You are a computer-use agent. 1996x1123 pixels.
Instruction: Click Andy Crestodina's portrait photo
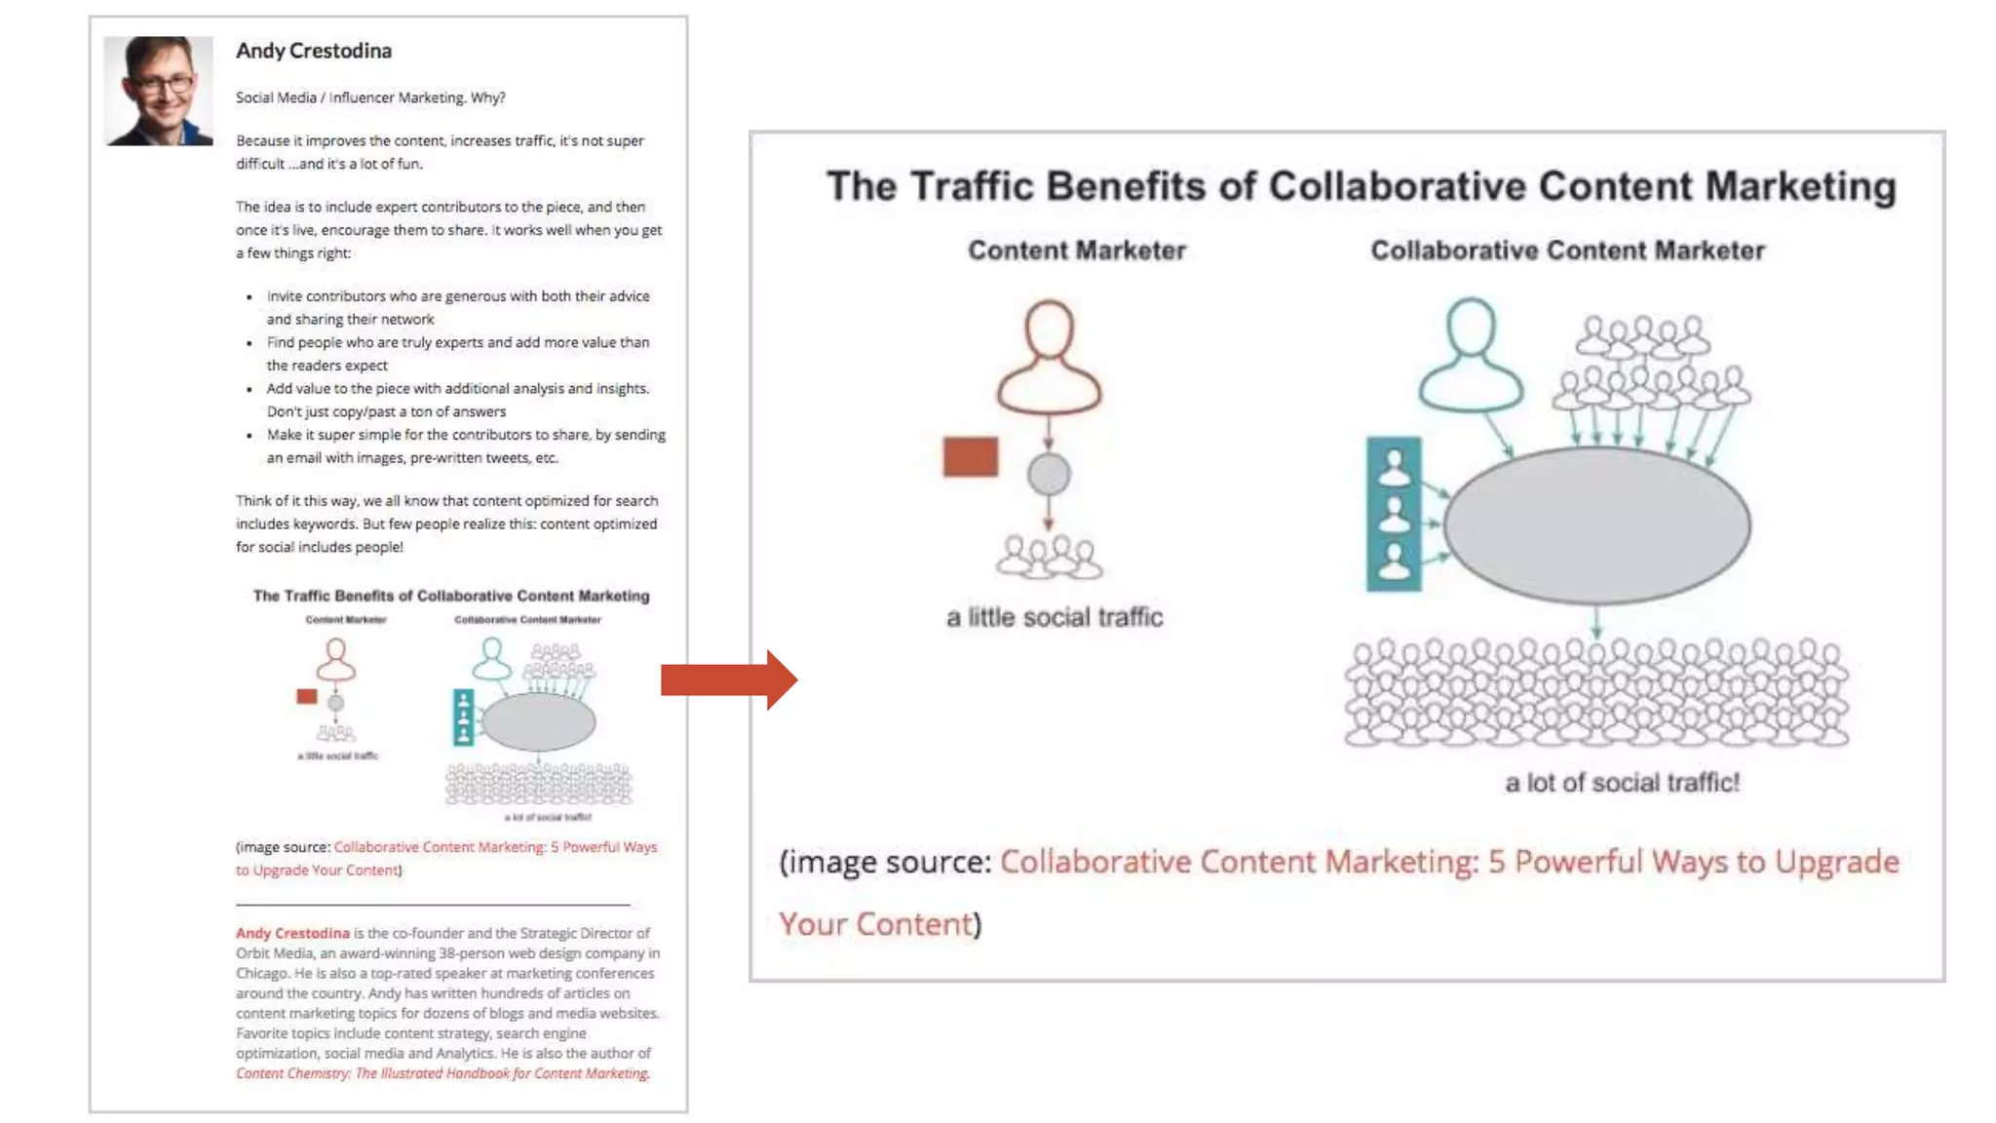click(158, 91)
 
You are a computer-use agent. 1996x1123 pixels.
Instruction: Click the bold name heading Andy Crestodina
click(313, 51)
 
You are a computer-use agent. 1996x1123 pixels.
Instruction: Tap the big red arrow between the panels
click(729, 679)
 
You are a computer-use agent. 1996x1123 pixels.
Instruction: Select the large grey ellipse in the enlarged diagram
click(1596, 525)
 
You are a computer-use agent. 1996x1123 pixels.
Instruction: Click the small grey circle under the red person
click(1049, 475)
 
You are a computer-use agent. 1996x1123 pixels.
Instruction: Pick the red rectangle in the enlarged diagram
click(970, 456)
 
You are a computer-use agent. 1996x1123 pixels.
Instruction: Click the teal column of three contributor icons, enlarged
click(1394, 514)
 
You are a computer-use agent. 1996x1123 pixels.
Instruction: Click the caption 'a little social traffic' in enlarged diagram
click(1055, 617)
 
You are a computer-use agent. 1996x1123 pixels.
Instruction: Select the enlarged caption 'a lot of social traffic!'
click(1622, 783)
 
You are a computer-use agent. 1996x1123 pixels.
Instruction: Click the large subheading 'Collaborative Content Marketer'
click(1567, 251)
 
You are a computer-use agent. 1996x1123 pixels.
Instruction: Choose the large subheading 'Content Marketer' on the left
click(1076, 251)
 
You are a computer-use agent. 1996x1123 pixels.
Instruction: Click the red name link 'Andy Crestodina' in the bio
click(292, 933)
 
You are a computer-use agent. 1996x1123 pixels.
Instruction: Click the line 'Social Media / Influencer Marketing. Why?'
click(370, 97)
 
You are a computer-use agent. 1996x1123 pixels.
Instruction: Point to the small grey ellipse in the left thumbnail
click(538, 722)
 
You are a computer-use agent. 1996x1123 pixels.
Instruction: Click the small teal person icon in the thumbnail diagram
click(491, 659)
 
